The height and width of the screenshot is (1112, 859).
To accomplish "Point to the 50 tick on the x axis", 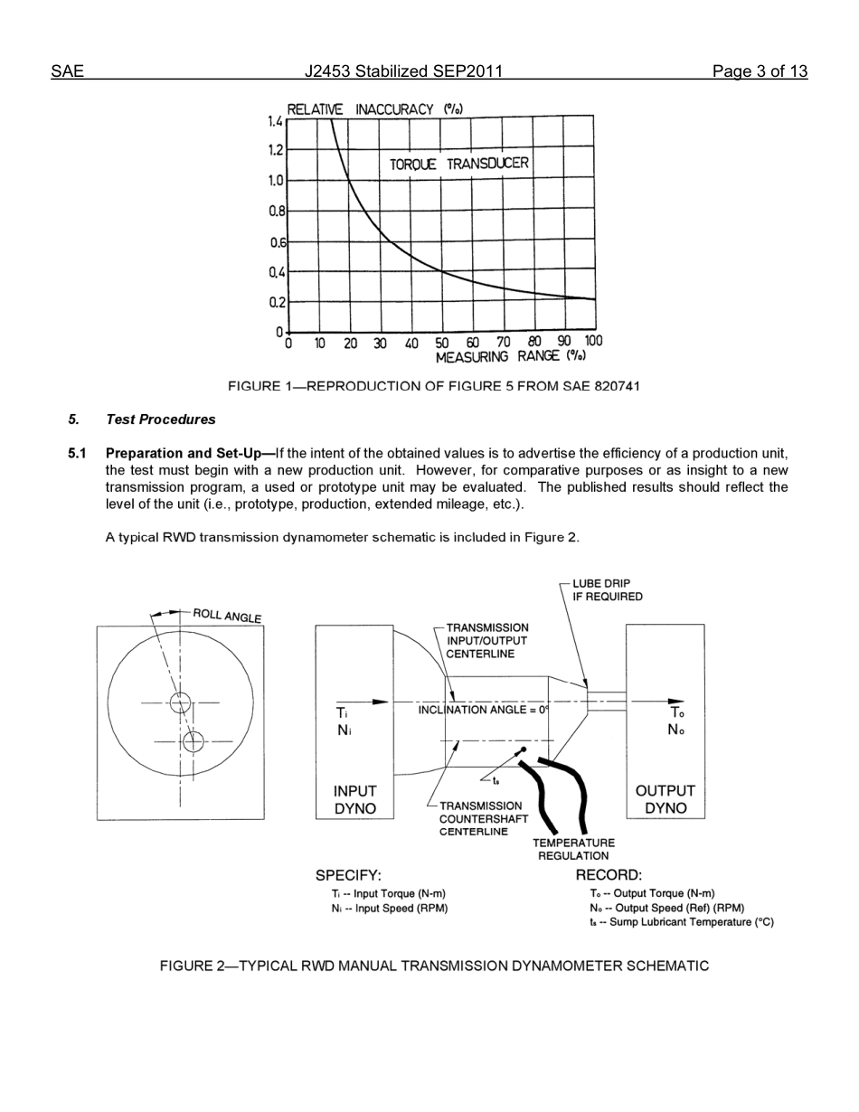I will point(441,344).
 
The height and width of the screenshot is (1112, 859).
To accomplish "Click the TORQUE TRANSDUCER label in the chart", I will point(458,165).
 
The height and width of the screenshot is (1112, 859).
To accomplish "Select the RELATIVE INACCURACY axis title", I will point(374,109).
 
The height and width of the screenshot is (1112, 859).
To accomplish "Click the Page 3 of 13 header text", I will point(759,71).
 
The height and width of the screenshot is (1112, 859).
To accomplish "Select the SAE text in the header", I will point(67,71).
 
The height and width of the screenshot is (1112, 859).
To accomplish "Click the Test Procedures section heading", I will point(160,419).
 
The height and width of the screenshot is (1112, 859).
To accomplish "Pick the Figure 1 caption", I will point(433,387).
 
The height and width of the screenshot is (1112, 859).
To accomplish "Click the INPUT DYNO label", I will point(354,800).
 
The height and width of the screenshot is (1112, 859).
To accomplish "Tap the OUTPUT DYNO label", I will point(665,800).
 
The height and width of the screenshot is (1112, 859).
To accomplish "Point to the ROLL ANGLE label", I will point(227,616).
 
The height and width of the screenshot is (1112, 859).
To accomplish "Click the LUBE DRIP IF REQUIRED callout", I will point(607,590).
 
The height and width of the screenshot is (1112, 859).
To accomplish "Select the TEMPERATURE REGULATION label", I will point(573,849).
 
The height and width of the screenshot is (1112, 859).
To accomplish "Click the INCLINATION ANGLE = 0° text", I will point(483,710).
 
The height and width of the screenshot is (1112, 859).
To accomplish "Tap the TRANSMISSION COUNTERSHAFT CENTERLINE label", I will point(479,818).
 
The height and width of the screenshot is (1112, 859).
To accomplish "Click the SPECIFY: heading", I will point(348,875).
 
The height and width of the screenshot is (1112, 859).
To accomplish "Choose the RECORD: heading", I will point(609,875).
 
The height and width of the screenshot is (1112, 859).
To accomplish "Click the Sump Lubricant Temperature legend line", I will point(681,922).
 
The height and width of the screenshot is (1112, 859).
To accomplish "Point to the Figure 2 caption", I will point(434,966).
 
